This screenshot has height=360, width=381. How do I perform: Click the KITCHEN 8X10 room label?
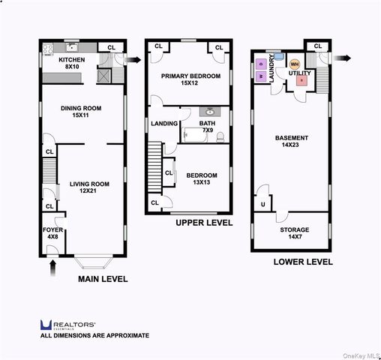(72, 63)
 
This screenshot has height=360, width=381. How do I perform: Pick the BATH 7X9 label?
(207, 127)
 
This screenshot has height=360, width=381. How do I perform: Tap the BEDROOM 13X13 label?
(199, 178)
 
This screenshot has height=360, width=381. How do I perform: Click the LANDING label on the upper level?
(164, 124)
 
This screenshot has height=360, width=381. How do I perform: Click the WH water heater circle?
(294, 64)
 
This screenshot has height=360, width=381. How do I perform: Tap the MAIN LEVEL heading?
(103, 279)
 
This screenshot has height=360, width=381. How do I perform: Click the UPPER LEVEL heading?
(204, 223)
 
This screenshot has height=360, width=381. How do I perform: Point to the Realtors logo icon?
(45, 324)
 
